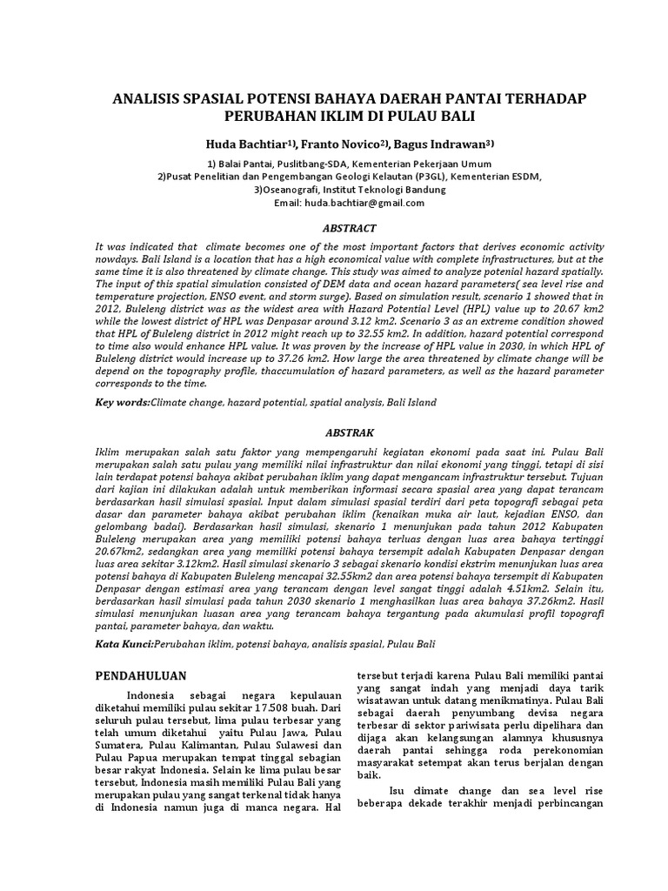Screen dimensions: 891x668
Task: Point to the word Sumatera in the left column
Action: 120,745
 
